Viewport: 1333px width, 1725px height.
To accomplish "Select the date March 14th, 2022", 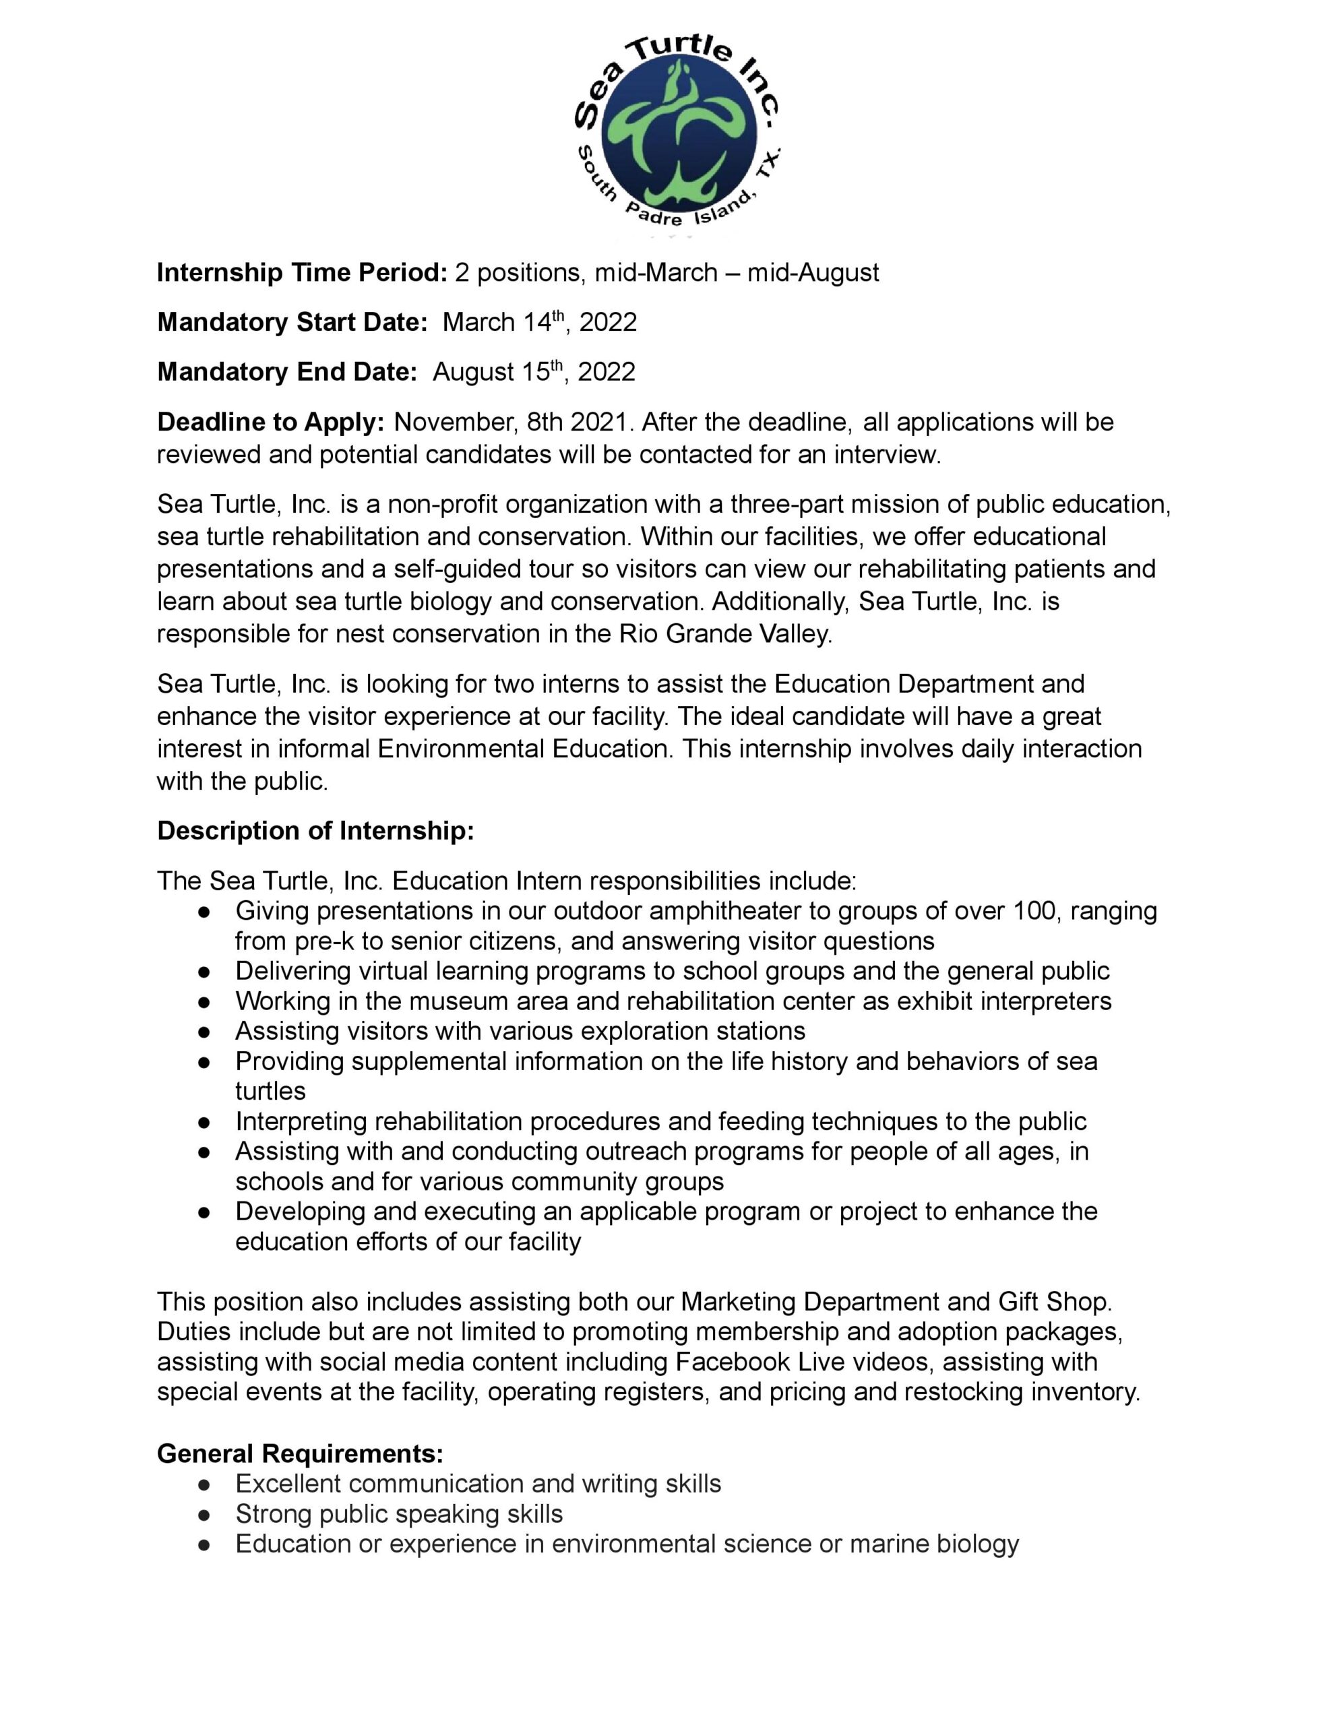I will [x=539, y=322].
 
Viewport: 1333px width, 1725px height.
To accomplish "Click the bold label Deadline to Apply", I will [x=270, y=422].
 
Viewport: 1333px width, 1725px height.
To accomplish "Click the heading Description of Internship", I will [x=315, y=831].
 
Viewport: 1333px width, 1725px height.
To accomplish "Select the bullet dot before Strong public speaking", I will [x=204, y=1515].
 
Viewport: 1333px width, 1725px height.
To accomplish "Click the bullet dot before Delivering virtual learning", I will [x=204, y=972].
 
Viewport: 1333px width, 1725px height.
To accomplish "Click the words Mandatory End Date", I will [x=286, y=372].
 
